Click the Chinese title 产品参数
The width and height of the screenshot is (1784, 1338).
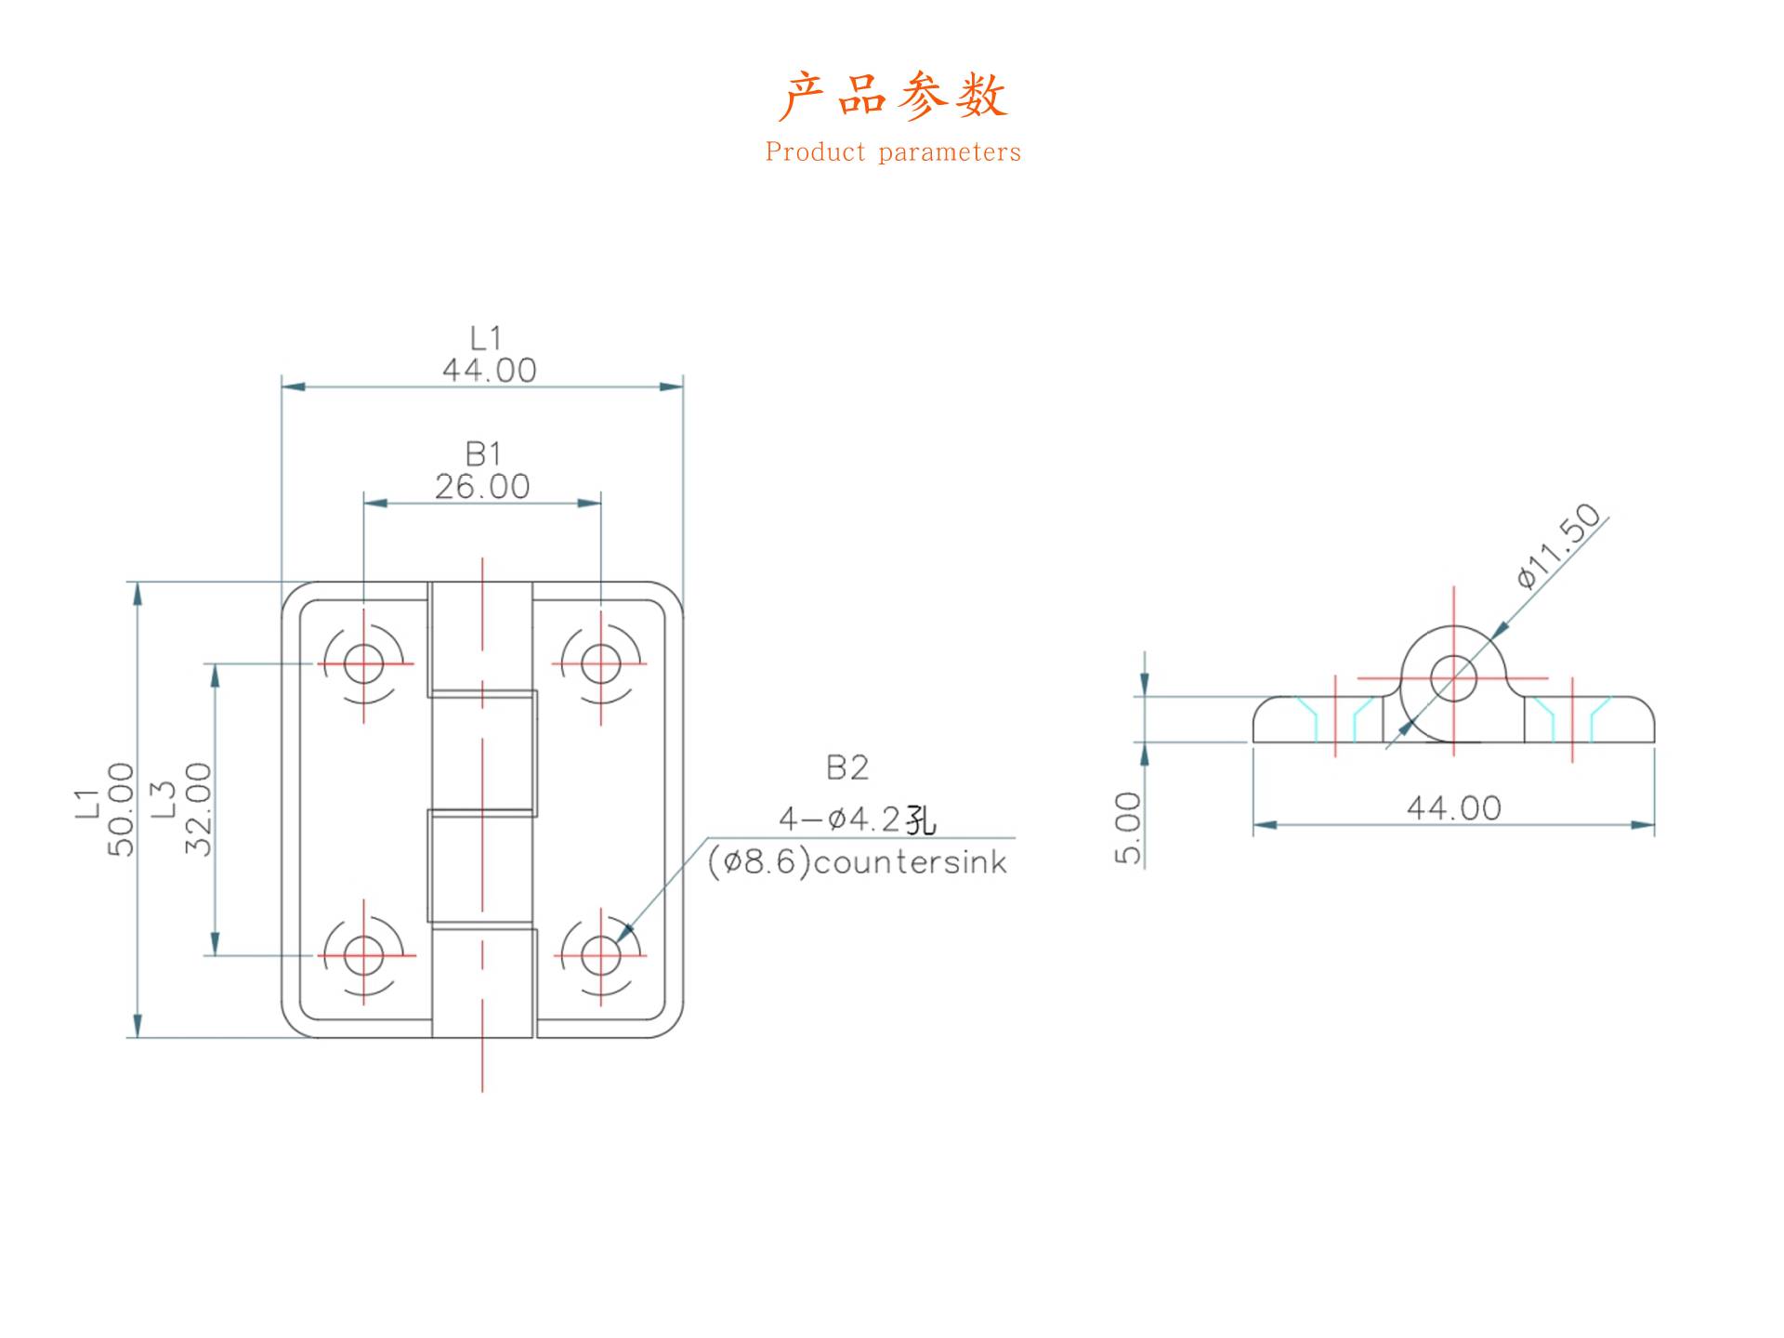[892, 95]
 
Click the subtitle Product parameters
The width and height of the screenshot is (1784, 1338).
[892, 152]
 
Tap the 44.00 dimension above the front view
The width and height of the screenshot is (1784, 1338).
[489, 371]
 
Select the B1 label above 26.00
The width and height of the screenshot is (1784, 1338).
[483, 453]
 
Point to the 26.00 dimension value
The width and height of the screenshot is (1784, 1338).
[482, 487]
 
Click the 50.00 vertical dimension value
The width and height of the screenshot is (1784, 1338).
[122, 809]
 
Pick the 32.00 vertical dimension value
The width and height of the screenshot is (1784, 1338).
[199, 809]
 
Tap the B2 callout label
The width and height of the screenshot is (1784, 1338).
[846, 767]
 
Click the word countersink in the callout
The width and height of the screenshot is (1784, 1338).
[910, 862]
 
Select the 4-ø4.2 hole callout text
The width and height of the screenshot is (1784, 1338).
[857, 820]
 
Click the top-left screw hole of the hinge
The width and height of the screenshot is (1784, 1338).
[363, 663]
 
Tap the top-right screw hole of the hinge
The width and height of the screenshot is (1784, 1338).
[601, 663]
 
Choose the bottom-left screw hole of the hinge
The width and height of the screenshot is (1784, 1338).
[363, 954]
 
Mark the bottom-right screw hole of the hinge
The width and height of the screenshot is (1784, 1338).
[601, 954]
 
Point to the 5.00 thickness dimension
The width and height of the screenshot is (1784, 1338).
[1127, 828]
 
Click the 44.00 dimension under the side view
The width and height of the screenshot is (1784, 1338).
[1453, 808]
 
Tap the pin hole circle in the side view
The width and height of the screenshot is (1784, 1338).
[1454, 677]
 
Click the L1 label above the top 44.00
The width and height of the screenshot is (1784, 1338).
[485, 337]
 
